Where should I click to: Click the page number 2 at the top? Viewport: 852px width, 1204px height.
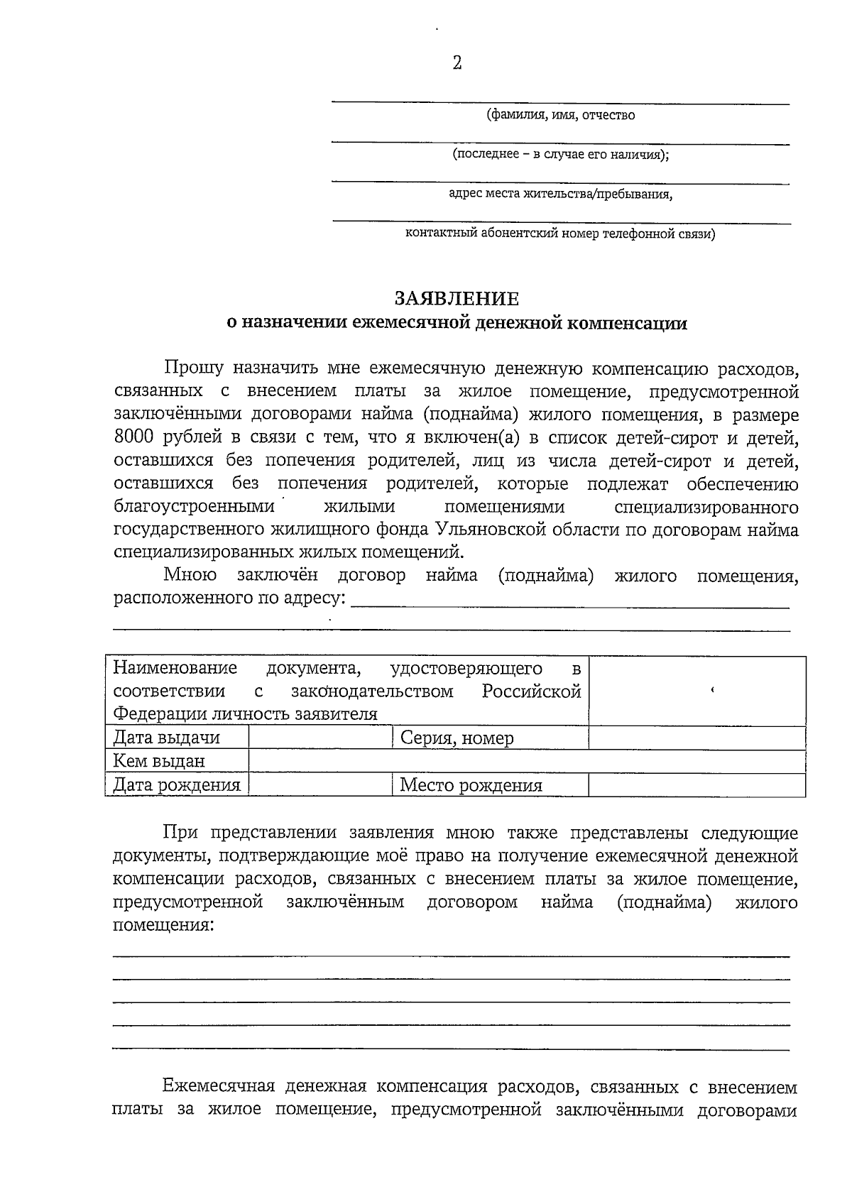457,63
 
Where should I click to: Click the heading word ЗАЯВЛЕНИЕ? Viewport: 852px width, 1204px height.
457,298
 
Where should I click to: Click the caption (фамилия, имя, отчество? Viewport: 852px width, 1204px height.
560,115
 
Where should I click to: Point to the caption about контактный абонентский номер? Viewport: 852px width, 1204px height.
559,234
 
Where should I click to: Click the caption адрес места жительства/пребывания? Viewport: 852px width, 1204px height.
560,194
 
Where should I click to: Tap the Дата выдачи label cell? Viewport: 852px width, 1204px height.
167,738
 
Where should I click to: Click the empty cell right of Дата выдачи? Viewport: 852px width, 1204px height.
319,738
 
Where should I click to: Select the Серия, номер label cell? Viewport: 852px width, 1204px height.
457,738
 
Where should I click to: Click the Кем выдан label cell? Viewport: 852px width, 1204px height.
159,761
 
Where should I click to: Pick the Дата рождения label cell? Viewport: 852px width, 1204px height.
177,784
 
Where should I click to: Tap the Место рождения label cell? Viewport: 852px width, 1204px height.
471,784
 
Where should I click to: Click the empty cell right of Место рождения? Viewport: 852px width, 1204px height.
697,784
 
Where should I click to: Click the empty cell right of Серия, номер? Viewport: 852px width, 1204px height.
697,738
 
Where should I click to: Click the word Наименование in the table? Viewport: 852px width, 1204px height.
175,668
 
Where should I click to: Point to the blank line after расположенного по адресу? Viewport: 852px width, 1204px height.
570,602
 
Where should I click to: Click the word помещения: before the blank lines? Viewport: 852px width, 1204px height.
163,926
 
